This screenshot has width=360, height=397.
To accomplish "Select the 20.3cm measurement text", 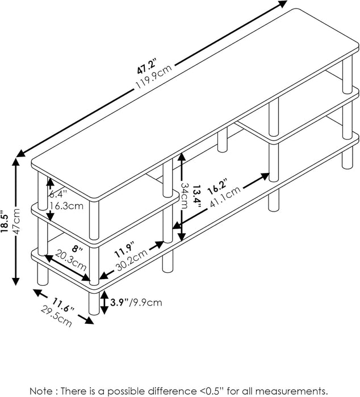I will coord(70,264).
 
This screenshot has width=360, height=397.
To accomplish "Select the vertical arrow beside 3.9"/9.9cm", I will coord(104,303).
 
